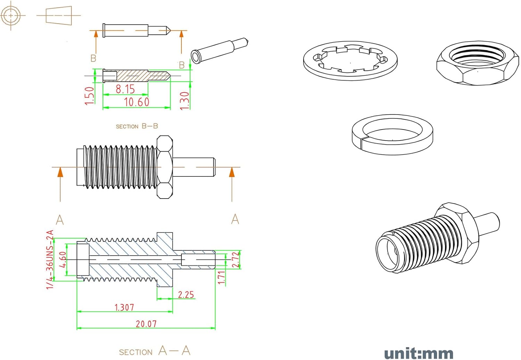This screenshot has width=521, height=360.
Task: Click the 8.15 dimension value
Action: tap(125, 89)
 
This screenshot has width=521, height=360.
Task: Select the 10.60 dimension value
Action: tap(137, 102)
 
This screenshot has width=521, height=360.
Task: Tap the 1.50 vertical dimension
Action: tap(89, 96)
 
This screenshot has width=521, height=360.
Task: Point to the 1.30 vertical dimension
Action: tap(185, 101)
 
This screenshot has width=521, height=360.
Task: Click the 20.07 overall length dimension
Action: tap(146, 324)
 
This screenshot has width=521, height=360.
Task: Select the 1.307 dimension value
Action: tap(124, 308)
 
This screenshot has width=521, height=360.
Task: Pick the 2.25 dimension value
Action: tap(186, 295)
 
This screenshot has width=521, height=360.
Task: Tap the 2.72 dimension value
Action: tap(236, 260)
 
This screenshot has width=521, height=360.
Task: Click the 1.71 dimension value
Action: tap(221, 278)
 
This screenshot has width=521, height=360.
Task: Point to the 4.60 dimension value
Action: tap(63, 260)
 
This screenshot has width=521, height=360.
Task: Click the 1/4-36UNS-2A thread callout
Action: tap(50, 260)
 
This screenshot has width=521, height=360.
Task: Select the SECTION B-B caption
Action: tap(137, 126)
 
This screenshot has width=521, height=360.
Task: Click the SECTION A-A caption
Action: tap(155, 351)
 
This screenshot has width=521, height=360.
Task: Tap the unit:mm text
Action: tap(419, 353)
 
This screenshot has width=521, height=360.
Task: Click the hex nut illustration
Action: tap(478, 63)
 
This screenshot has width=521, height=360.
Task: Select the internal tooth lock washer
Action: tap(350, 61)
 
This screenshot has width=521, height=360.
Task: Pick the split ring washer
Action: tap(392, 135)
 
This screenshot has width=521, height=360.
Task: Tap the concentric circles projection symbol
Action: tap(10, 16)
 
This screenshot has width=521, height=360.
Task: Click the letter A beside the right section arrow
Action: tap(235, 219)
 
